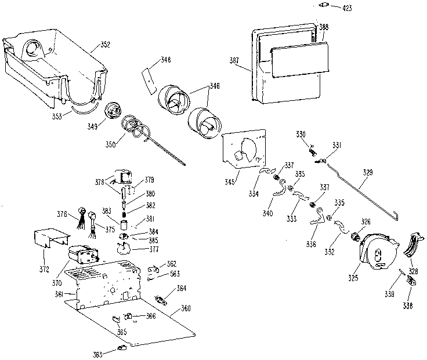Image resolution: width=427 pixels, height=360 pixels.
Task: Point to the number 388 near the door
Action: (323, 27)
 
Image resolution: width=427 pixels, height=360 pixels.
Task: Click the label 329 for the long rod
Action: (368, 172)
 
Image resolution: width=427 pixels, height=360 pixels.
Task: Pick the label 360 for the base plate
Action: (186, 308)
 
